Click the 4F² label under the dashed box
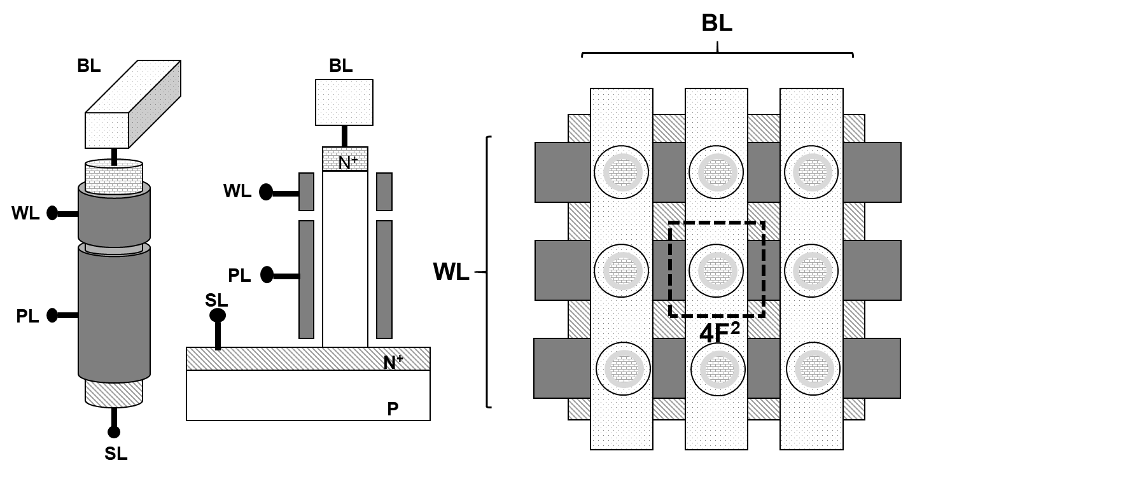pyautogui.click(x=719, y=332)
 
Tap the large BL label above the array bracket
pyautogui.click(x=716, y=24)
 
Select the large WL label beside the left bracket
pyautogui.click(x=451, y=272)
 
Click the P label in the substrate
pyautogui.click(x=393, y=409)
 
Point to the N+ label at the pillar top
pyautogui.click(x=347, y=163)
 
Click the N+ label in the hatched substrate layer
pyautogui.click(x=393, y=363)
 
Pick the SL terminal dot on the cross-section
pyautogui.click(x=218, y=316)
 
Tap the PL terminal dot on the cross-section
pyautogui.click(x=267, y=275)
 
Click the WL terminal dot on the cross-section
pyautogui.click(x=266, y=192)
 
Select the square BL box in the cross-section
pyautogui.click(x=344, y=102)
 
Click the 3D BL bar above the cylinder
pyautogui.click(x=133, y=104)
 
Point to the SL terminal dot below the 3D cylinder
pyautogui.click(x=114, y=433)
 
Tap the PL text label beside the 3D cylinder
pyautogui.click(x=27, y=316)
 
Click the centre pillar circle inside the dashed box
pyautogui.click(x=716, y=270)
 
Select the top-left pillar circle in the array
pyautogui.click(x=621, y=172)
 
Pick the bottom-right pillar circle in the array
pyautogui.click(x=813, y=369)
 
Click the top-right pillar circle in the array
pyautogui.click(x=811, y=172)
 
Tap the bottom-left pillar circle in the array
pyautogui.click(x=623, y=369)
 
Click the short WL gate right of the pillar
pyautogui.click(x=384, y=191)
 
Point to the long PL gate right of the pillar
pyautogui.click(x=384, y=279)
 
